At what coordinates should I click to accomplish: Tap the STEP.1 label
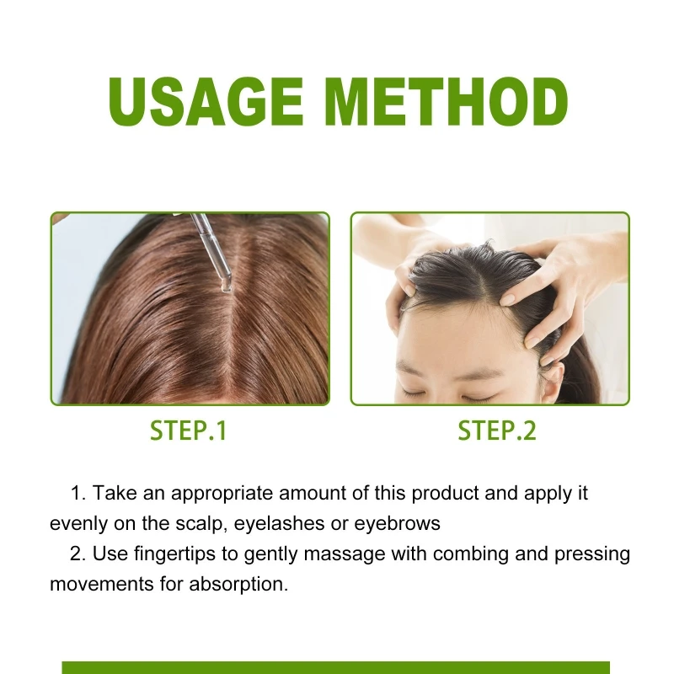tap(189, 431)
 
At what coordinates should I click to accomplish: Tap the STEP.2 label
tap(496, 431)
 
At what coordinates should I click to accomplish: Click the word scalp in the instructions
tap(201, 523)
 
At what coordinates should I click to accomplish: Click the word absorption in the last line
tap(243, 584)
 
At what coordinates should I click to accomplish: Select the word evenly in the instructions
tap(78, 523)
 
